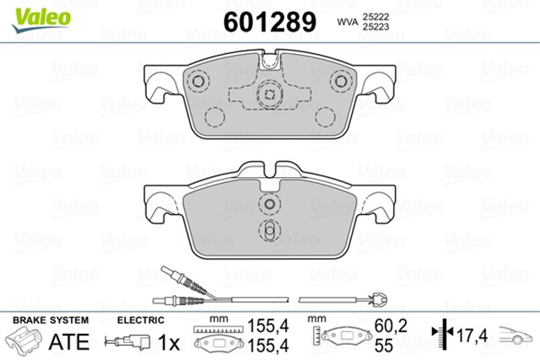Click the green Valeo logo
point(41,20)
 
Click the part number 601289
point(270,22)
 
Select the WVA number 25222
point(375,17)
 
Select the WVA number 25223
point(375,27)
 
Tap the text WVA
point(348,22)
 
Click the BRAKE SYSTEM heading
point(51,320)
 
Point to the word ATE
point(69,341)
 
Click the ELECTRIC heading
point(141,320)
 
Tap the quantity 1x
point(169,342)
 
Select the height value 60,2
point(391,325)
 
